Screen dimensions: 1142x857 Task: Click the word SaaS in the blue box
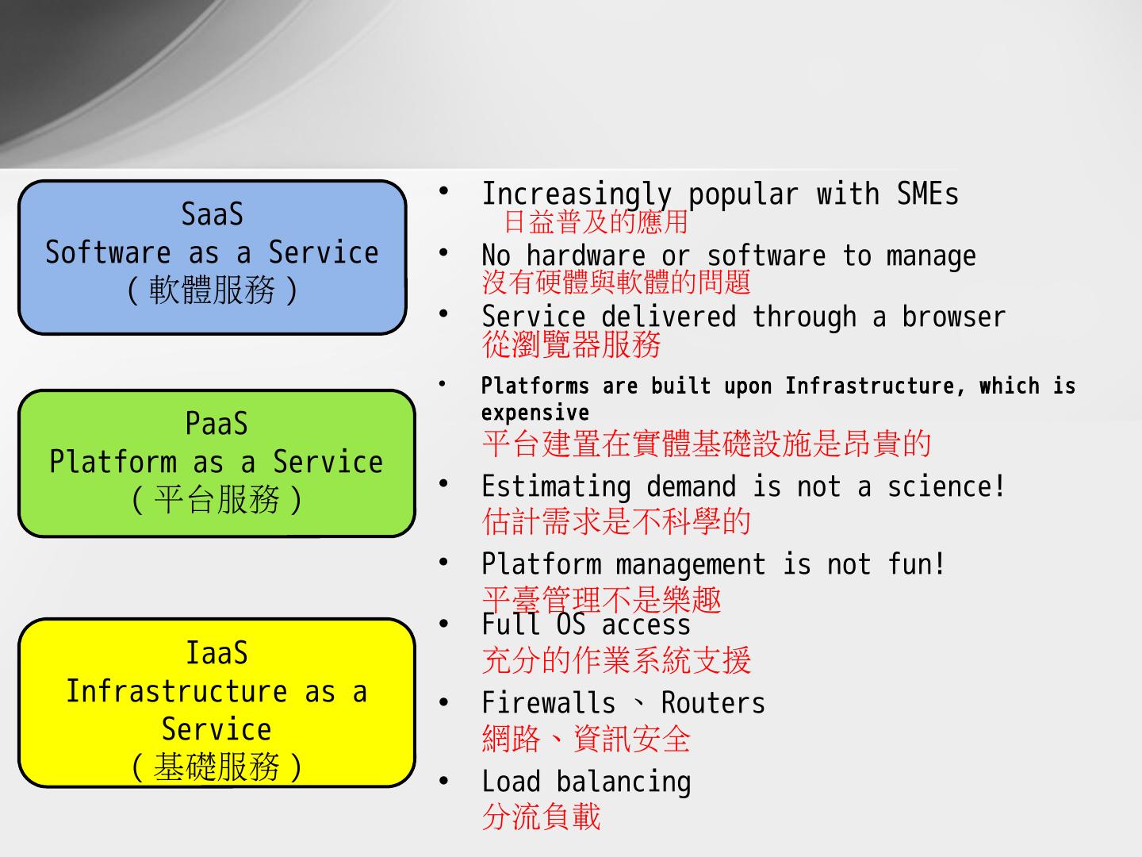(212, 214)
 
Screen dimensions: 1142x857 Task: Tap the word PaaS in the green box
(217, 424)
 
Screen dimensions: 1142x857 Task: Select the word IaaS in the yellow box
(217, 653)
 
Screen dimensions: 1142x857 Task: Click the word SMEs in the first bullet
(927, 194)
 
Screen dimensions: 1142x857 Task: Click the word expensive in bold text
(535, 413)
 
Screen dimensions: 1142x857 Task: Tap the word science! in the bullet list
(946, 486)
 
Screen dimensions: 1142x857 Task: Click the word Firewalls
(548, 703)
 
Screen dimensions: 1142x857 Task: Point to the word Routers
(713, 703)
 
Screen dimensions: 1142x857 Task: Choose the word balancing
(623, 782)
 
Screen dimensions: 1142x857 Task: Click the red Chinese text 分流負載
(541, 817)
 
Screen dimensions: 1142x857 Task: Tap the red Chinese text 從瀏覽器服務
(571, 344)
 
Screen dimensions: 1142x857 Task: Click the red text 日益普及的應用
(596, 221)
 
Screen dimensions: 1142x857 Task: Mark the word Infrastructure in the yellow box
(176, 691)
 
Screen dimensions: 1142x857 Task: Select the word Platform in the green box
(113, 462)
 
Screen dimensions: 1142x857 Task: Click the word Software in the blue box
(108, 252)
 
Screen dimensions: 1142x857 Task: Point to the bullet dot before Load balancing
(444, 781)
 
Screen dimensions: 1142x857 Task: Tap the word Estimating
(556, 486)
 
